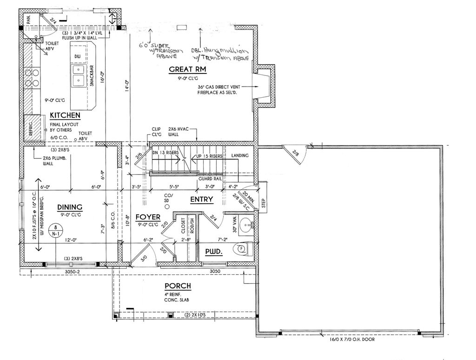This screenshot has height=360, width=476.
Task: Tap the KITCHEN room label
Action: (x=65, y=115)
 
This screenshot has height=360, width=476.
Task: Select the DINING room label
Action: (x=70, y=207)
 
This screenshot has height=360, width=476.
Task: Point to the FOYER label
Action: (x=148, y=217)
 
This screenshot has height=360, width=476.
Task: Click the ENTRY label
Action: (x=202, y=200)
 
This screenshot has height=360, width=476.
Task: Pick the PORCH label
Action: (x=178, y=286)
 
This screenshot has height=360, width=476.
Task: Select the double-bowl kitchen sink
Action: (x=78, y=76)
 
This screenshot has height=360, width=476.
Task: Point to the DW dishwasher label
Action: (x=78, y=56)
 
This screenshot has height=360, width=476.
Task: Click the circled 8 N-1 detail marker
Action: (x=55, y=231)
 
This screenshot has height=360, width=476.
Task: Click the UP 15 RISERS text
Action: (x=209, y=156)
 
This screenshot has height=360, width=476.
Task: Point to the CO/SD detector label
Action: (x=168, y=197)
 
